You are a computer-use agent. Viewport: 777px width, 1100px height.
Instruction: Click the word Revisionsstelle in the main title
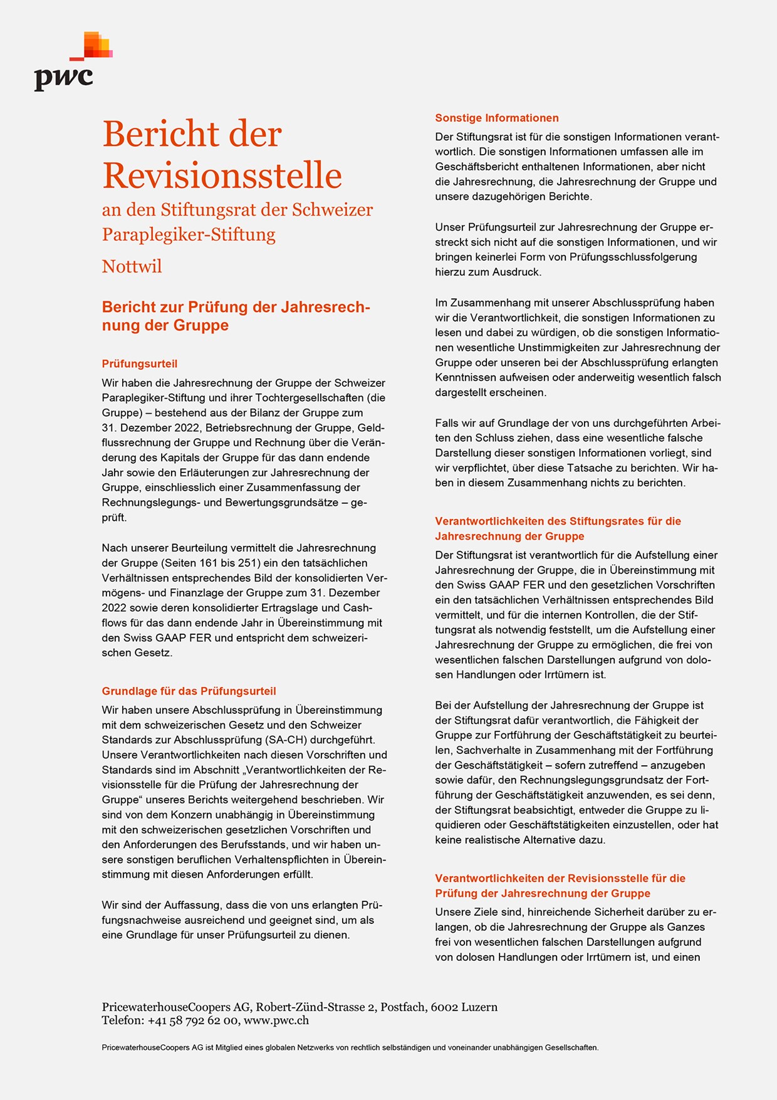click(222, 175)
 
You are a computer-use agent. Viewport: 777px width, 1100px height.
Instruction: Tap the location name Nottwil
click(132, 266)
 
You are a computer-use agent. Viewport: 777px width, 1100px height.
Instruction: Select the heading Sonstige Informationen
click(497, 118)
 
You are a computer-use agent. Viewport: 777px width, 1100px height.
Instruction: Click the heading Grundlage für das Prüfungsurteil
click(189, 691)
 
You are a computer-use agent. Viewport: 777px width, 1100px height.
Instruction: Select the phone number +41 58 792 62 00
click(193, 1020)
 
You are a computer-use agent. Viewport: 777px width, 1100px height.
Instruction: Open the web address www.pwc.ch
click(276, 1020)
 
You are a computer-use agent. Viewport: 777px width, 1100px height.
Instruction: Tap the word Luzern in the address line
click(479, 1007)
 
